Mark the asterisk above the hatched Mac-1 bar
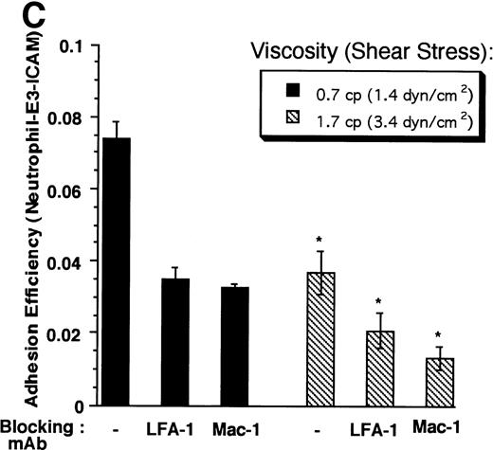click(x=439, y=334)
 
